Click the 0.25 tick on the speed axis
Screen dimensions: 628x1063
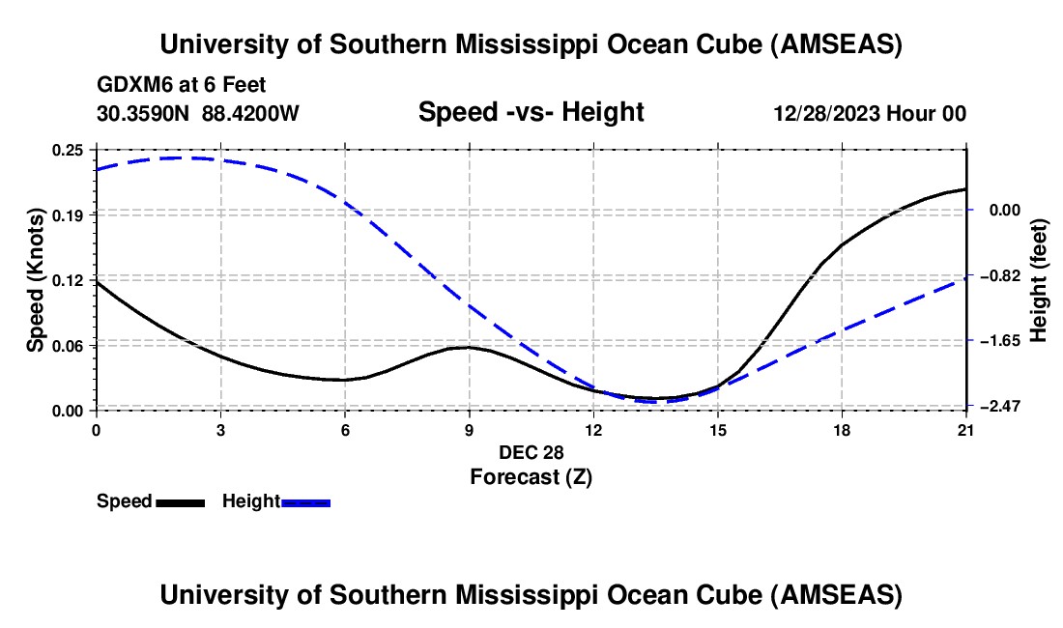(x=69, y=150)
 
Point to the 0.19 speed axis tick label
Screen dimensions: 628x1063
(x=69, y=214)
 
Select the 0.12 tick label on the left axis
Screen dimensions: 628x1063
(x=69, y=280)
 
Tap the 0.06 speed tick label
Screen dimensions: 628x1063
(x=69, y=346)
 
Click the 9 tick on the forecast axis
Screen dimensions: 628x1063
(x=470, y=429)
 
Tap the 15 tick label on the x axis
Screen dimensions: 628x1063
(x=718, y=429)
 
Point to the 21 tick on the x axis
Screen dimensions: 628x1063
(x=966, y=429)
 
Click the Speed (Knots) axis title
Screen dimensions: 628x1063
(x=36, y=280)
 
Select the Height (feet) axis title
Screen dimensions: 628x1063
(x=1040, y=280)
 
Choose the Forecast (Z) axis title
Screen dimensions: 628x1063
(x=531, y=476)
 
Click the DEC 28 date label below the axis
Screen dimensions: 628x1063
(x=531, y=452)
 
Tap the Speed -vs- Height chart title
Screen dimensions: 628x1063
(x=531, y=112)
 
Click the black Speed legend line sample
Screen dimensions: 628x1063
(x=181, y=502)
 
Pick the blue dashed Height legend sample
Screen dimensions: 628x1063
(x=306, y=502)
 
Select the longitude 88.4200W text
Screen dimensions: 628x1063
(x=250, y=113)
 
